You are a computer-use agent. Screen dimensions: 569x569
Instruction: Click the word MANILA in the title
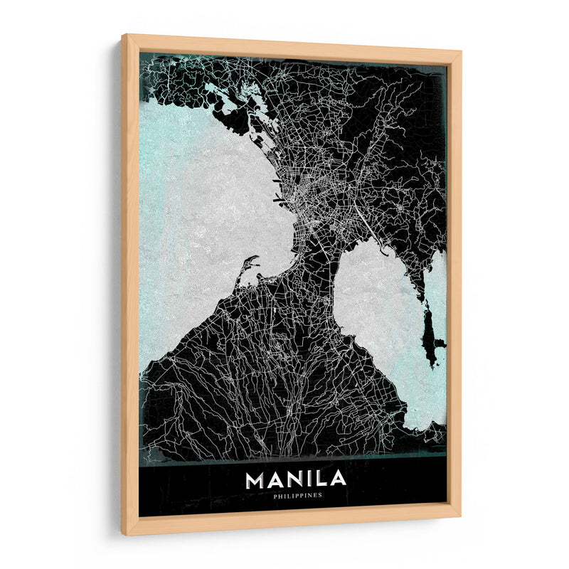[295, 479]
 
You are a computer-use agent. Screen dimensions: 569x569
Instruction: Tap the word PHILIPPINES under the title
[296, 496]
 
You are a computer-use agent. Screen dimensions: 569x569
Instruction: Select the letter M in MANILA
[254, 479]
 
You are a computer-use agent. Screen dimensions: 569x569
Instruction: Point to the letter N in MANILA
[292, 479]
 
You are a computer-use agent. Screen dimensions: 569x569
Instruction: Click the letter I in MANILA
[308, 479]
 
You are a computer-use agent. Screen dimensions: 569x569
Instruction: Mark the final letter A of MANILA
[338, 479]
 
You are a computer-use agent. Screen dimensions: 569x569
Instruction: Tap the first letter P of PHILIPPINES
[274, 496]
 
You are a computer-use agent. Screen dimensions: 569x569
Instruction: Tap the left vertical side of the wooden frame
[130, 284]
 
